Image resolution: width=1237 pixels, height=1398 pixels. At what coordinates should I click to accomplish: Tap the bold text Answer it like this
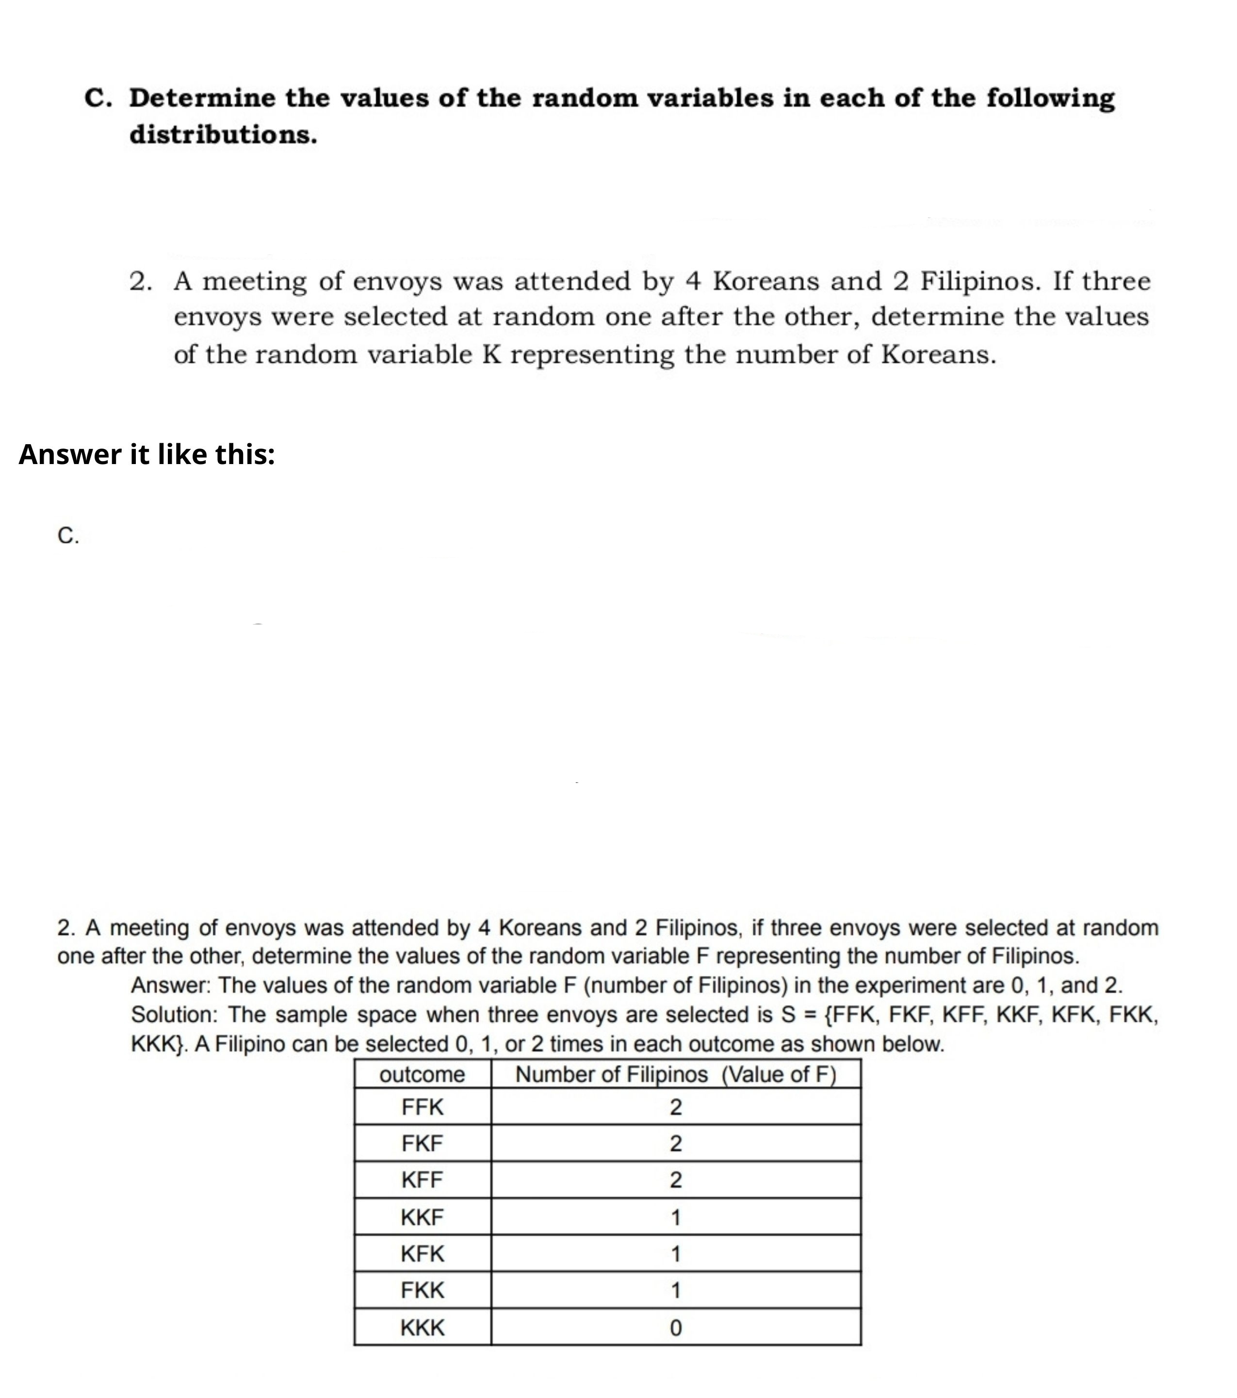146,454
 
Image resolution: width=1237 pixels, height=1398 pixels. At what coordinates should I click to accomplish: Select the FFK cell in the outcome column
422,1107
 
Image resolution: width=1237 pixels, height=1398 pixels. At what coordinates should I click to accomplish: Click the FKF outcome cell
422,1143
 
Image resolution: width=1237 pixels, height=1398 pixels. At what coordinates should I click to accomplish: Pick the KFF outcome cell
422,1180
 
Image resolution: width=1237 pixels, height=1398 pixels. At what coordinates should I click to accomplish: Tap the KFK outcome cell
422,1253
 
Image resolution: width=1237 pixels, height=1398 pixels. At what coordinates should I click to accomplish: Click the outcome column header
422,1075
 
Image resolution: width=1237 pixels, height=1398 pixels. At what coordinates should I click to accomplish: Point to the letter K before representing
492,355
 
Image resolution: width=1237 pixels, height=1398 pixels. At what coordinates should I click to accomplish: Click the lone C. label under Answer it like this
68,536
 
